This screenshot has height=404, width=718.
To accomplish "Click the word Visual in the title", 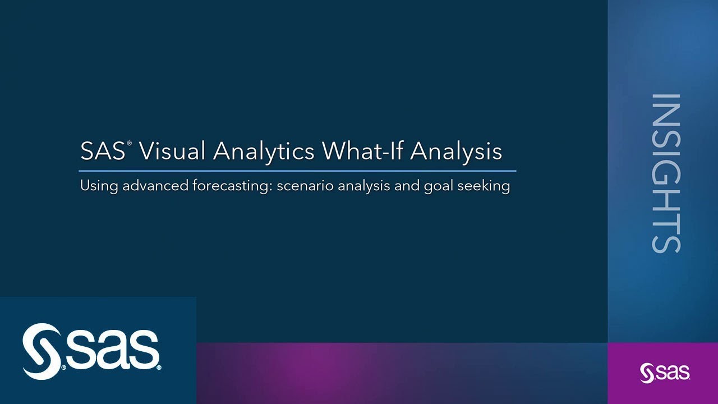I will [171, 151].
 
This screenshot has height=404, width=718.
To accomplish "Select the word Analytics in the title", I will [263, 151].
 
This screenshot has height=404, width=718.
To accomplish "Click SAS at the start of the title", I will [102, 151].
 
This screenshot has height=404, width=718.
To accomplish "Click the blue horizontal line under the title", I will [297, 171].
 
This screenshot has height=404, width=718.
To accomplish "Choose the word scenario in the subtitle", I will [305, 186].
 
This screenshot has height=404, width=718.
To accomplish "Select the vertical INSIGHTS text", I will [665, 173].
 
